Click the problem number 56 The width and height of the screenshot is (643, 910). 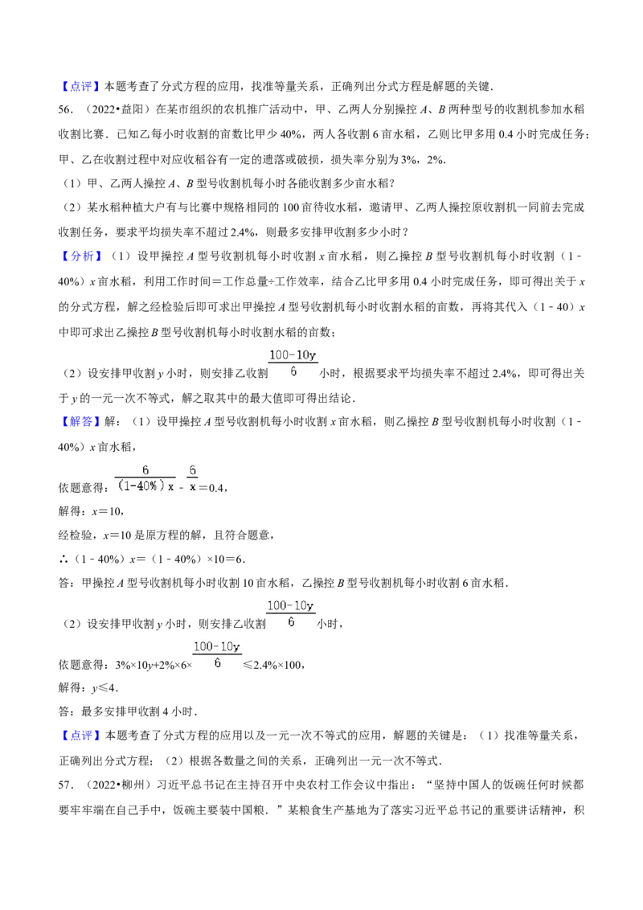point(66,109)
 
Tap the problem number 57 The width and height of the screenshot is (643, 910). point(66,785)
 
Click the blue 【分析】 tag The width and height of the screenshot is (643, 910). point(80,256)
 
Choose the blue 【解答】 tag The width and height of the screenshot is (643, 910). point(80,421)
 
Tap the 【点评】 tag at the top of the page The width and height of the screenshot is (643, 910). point(80,87)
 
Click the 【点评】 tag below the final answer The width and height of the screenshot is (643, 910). point(80,736)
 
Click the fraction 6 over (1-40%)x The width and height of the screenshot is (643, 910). point(145,479)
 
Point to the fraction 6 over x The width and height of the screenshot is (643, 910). point(193,479)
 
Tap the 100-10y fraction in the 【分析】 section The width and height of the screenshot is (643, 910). point(293,363)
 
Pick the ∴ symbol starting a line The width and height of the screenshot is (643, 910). point(63,559)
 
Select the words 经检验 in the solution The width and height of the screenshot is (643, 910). point(75,535)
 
